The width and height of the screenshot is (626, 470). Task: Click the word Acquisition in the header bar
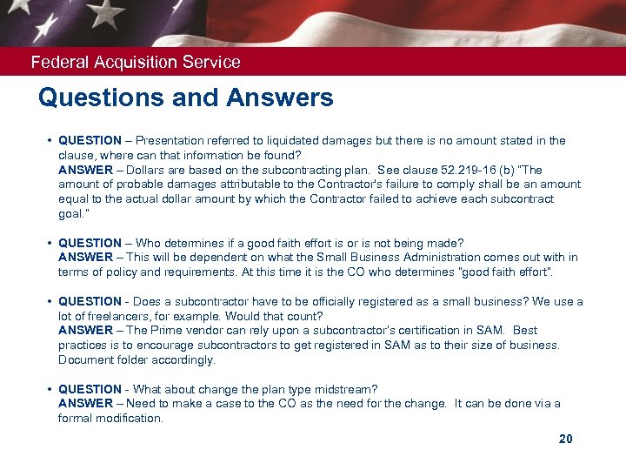click(x=132, y=63)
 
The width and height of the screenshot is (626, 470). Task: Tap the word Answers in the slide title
click(x=281, y=97)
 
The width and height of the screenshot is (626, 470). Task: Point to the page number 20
click(x=565, y=440)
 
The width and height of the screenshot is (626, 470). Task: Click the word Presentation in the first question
click(x=171, y=140)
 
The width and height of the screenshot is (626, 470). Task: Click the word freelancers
click(x=103, y=316)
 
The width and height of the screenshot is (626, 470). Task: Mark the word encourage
click(x=157, y=346)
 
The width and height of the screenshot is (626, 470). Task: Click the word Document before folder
click(x=84, y=360)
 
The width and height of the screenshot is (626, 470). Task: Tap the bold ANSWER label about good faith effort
click(x=85, y=258)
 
